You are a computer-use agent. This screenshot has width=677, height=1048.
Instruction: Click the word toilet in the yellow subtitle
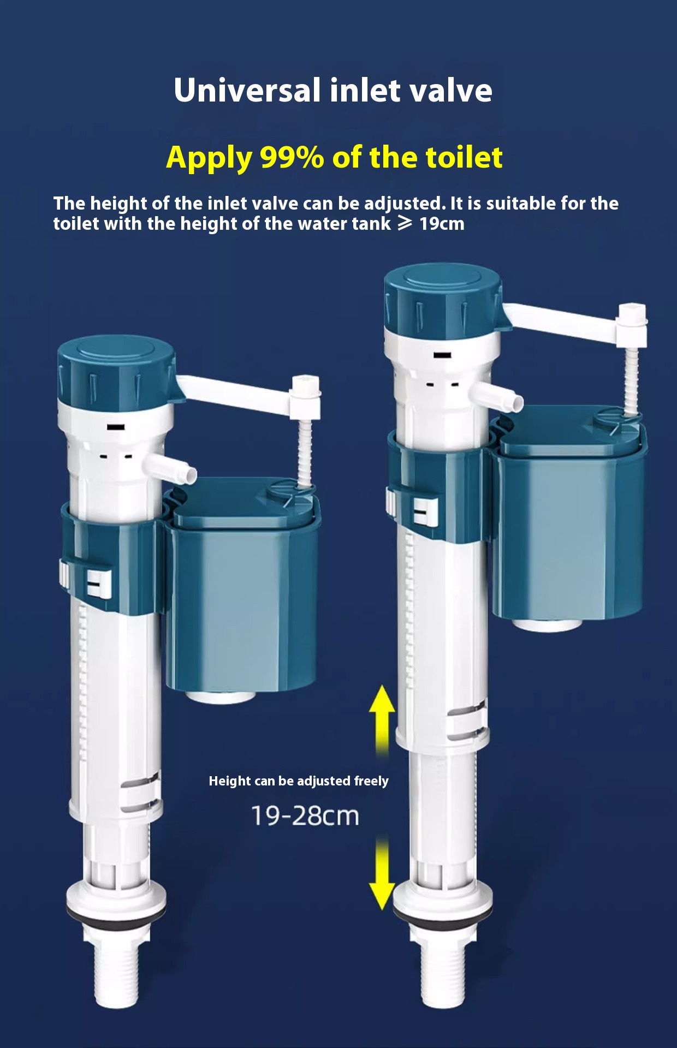[464, 158]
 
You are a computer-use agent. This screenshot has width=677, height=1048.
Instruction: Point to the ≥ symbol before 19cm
[405, 223]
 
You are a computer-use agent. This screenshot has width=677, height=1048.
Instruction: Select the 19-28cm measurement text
[305, 816]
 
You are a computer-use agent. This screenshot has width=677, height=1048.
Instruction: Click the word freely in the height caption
[371, 781]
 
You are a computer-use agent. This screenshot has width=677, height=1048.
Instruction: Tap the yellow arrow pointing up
[382, 715]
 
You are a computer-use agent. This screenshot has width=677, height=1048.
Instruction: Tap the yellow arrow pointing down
[382, 873]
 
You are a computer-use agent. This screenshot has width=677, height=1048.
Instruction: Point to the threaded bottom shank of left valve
[116, 977]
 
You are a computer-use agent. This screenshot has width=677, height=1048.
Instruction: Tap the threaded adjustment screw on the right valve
[631, 377]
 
